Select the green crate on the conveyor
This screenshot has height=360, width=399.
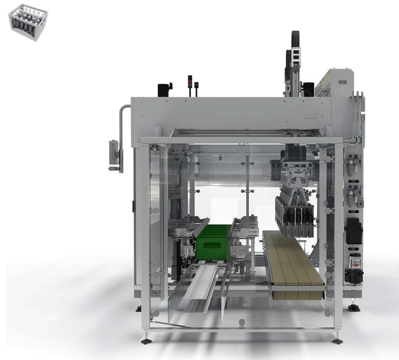(213, 241)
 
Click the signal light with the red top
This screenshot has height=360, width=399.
(190, 85)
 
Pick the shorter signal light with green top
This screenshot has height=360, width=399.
(197, 88)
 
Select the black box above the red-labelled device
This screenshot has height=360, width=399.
(354, 231)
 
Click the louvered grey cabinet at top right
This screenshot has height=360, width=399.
(334, 83)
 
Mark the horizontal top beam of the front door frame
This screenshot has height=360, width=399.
(241, 141)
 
